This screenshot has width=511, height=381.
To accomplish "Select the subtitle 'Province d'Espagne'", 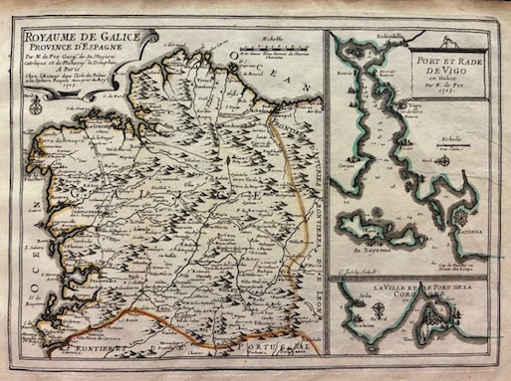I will pyautogui.click(x=78, y=56).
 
